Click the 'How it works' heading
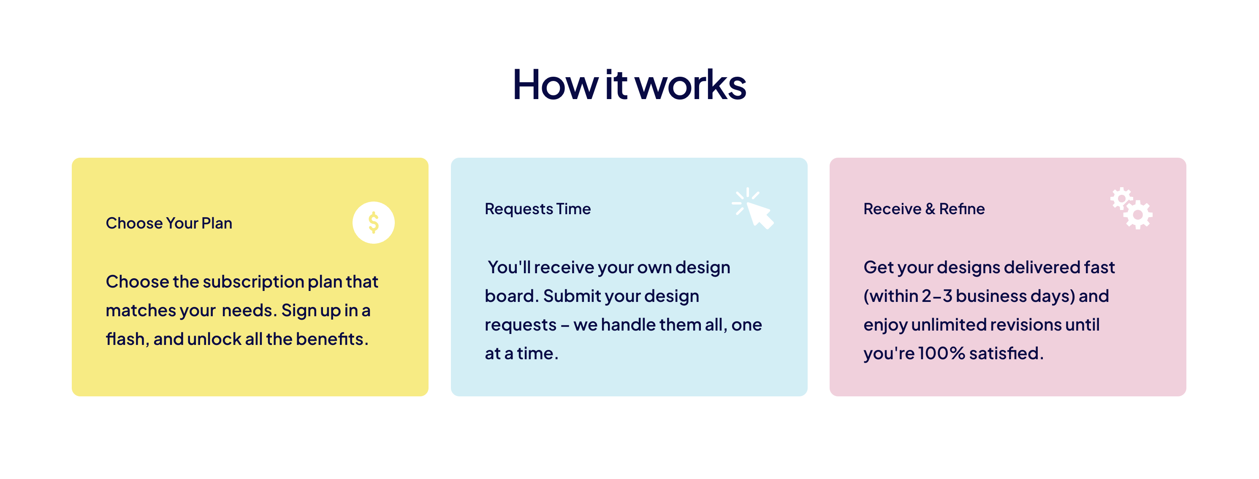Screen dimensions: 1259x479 629,84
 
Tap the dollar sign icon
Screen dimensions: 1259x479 373,223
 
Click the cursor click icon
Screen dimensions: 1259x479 753,208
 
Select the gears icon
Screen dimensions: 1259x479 1131,208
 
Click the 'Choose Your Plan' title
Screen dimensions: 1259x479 169,223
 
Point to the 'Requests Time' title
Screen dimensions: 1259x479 537,209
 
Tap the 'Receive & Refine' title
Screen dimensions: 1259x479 924,209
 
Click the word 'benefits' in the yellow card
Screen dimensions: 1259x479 332,339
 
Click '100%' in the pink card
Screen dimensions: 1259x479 942,353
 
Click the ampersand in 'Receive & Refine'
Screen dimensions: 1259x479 930,209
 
